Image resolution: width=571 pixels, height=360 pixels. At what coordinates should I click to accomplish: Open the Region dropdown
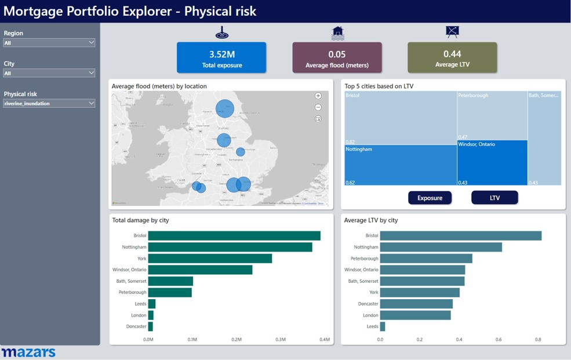(x=49, y=43)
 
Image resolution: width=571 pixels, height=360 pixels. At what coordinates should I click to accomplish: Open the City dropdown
(x=49, y=73)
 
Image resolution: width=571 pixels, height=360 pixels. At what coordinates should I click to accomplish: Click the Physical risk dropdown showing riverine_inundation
(x=49, y=103)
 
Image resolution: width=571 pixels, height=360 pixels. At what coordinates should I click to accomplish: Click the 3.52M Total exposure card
(x=221, y=57)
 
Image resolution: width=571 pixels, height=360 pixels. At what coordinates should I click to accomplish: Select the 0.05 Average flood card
(x=337, y=57)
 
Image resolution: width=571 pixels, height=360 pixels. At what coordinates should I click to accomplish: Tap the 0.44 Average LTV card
(x=452, y=57)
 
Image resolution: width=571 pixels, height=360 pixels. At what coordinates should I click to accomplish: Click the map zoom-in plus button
(x=318, y=96)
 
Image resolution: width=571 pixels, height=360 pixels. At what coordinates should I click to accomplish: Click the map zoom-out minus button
(x=318, y=107)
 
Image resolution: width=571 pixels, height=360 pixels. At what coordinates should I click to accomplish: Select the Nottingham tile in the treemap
(x=401, y=165)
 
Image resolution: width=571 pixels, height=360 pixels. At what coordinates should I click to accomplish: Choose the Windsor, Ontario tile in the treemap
(x=492, y=163)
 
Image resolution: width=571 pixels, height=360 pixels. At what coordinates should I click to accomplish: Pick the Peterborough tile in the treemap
(x=492, y=115)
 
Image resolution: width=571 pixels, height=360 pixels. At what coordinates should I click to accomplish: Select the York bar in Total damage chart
(x=210, y=259)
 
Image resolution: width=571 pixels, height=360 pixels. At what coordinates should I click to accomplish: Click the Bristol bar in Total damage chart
(x=234, y=236)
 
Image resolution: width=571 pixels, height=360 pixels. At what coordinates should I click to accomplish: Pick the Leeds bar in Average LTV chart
(x=383, y=327)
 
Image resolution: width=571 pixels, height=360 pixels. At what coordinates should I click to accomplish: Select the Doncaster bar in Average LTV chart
(x=416, y=304)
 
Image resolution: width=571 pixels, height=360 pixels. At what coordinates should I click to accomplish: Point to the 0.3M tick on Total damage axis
(x=281, y=340)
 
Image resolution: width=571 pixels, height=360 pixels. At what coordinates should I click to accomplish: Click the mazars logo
(x=28, y=352)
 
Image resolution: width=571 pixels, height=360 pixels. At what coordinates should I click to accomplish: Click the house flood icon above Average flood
(x=337, y=32)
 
